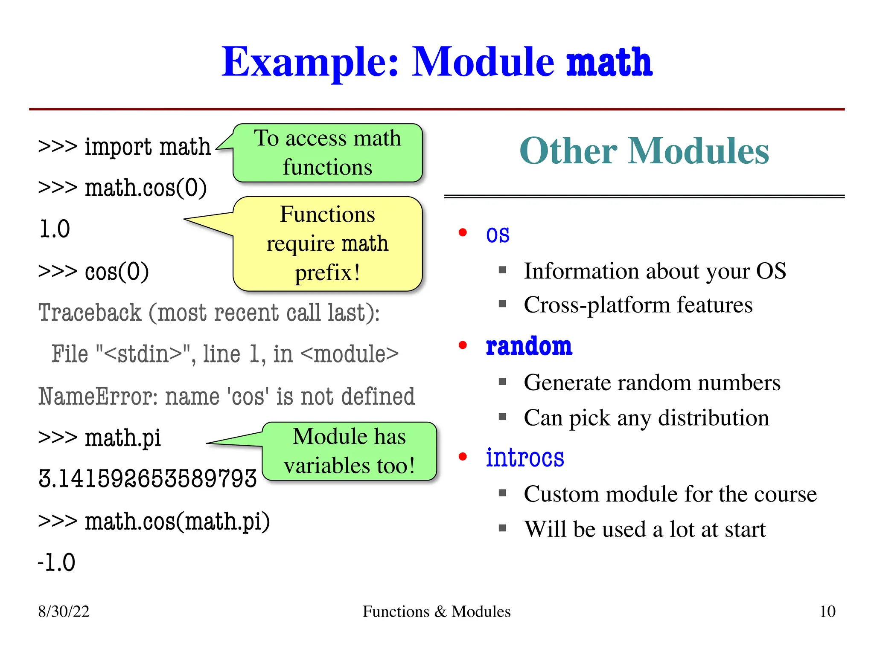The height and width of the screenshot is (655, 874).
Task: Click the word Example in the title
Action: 310,63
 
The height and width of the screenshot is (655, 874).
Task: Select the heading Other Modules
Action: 644,151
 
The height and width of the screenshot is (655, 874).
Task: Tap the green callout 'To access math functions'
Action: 327,153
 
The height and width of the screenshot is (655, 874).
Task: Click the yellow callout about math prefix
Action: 327,243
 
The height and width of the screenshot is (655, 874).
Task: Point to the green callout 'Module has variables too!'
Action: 349,451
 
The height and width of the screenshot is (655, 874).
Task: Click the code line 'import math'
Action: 125,147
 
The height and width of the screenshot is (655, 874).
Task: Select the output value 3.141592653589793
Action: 148,478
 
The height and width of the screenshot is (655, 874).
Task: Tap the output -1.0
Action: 57,562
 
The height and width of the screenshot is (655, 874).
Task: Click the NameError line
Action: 227,397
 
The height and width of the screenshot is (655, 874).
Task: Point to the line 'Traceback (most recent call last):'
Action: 209,313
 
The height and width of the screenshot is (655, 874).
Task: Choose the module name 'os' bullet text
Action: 498,235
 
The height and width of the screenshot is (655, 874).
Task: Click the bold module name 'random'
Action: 529,346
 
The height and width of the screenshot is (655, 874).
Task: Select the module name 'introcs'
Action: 525,458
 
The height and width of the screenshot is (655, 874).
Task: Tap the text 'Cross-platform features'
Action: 638,305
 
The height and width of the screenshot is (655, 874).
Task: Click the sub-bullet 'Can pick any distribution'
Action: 646,418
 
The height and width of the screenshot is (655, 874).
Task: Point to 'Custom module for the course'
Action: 670,494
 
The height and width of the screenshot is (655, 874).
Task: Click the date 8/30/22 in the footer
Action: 64,612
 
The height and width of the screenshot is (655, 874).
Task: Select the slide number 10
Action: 827,612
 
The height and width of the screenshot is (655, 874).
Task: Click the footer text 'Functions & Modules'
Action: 437,612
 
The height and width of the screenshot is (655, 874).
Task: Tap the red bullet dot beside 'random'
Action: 463,345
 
